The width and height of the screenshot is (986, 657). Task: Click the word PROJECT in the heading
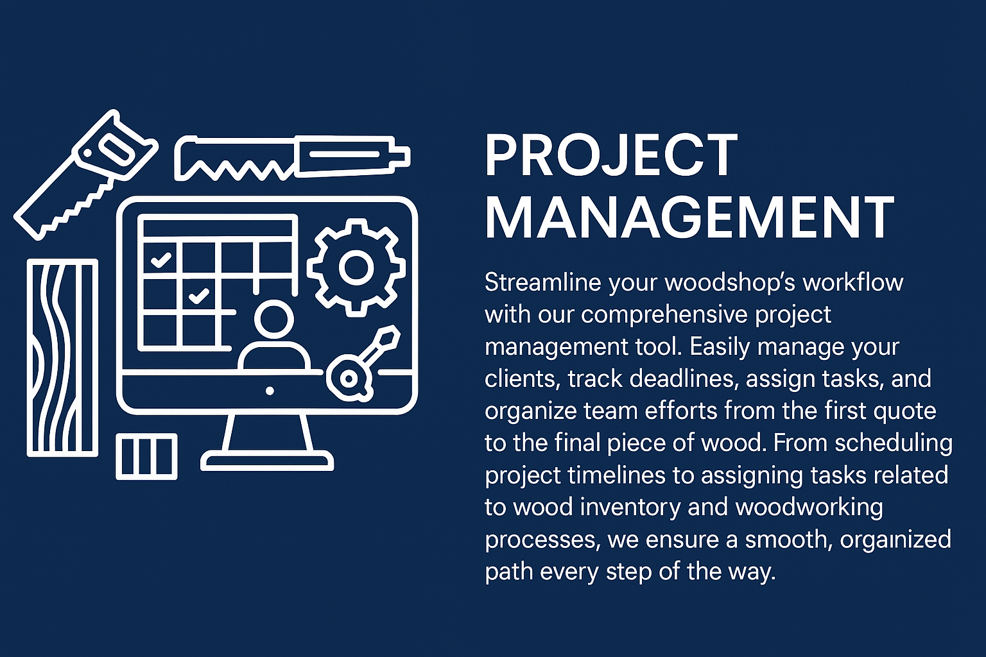(x=611, y=155)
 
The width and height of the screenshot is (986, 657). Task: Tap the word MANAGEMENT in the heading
(x=690, y=218)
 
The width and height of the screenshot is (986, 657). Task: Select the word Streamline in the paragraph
(x=542, y=282)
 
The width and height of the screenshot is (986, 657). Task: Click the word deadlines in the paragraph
(x=684, y=379)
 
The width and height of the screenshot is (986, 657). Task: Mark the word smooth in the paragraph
(x=786, y=540)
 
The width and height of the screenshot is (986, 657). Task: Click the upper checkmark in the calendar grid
(x=162, y=260)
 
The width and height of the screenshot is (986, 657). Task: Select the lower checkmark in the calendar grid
(x=199, y=296)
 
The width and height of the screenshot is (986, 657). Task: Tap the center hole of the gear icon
(x=356, y=267)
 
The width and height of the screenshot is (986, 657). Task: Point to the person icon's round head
(x=274, y=319)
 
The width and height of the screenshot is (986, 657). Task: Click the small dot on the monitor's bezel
(x=270, y=391)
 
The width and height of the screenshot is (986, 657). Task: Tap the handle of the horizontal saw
(x=353, y=155)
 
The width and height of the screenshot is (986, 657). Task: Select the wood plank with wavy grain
(x=62, y=358)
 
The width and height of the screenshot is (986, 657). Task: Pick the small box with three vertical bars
(x=146, y=456)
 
